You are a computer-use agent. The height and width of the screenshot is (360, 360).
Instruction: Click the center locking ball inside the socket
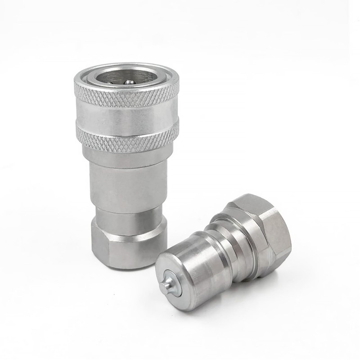point(129,81)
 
